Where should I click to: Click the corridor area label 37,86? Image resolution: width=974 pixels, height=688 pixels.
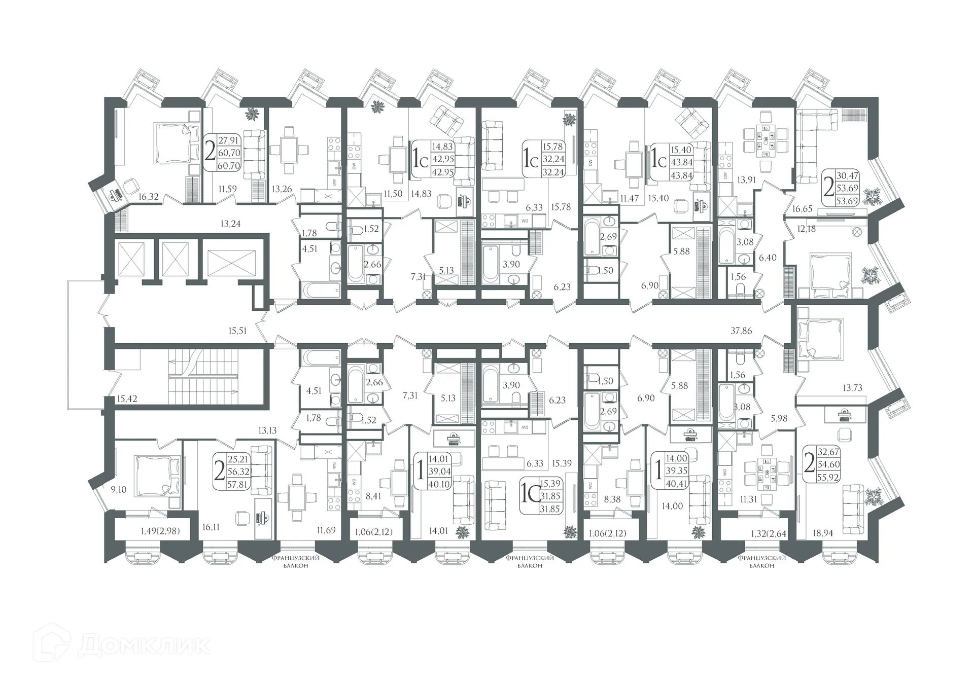(741, 331)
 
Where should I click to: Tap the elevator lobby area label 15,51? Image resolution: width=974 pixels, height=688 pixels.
(237, 331)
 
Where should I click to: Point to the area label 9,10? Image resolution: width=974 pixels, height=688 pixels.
(118, 490)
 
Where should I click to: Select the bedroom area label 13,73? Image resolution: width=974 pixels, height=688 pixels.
(852, 388)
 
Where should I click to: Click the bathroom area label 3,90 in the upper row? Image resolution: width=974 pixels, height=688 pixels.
(511, 264)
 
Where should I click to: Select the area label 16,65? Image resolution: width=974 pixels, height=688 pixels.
(803, 209)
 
